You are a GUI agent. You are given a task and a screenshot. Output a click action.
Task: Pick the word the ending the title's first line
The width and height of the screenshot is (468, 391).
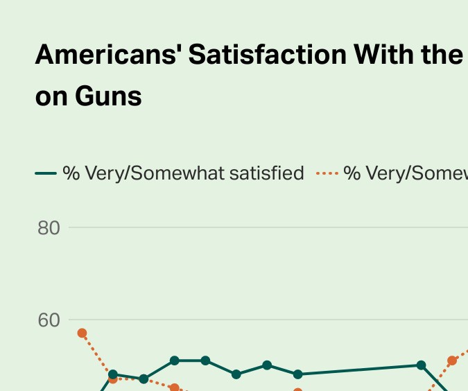440,54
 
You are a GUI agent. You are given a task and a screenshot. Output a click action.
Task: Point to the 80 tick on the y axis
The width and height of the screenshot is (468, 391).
49,227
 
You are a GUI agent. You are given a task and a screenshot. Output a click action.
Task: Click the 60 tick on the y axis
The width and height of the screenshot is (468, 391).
49,320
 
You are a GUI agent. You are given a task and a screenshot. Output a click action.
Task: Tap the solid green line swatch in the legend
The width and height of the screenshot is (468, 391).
46,173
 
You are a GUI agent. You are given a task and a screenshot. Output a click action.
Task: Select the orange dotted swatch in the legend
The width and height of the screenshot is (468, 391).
327,173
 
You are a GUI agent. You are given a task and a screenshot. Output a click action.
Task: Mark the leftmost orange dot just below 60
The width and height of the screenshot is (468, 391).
82,333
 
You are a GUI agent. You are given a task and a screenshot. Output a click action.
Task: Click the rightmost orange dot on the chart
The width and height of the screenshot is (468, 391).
452,360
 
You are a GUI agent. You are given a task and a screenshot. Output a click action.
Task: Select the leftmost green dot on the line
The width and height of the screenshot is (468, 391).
113,374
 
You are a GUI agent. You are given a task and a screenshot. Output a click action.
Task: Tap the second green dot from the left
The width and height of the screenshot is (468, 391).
144,379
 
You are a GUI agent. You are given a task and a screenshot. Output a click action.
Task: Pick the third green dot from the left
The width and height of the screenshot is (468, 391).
175,360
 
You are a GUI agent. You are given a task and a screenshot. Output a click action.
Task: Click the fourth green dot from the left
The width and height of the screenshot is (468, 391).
205,360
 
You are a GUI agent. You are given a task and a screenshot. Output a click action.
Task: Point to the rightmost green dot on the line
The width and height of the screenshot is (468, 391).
421,365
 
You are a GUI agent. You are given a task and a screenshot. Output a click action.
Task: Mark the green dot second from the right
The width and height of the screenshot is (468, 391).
298,374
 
